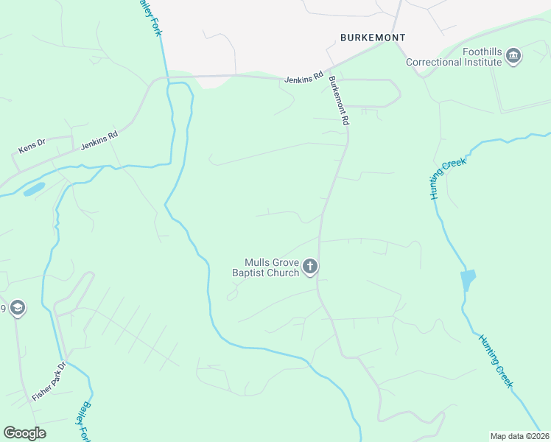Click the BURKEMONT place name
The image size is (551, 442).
point(373,37)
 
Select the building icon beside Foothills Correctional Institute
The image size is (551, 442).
point(514,57)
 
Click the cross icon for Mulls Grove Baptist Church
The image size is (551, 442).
point(311,267)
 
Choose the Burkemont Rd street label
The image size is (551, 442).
point(338,101)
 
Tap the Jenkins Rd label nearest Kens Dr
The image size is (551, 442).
point(99,141)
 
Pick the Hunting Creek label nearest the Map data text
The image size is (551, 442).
point(496,361)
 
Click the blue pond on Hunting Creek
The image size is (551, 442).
point(468,280)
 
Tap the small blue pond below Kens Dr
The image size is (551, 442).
point(34,189)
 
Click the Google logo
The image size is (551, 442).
point(24,432)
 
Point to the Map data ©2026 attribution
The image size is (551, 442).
point(519,436)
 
